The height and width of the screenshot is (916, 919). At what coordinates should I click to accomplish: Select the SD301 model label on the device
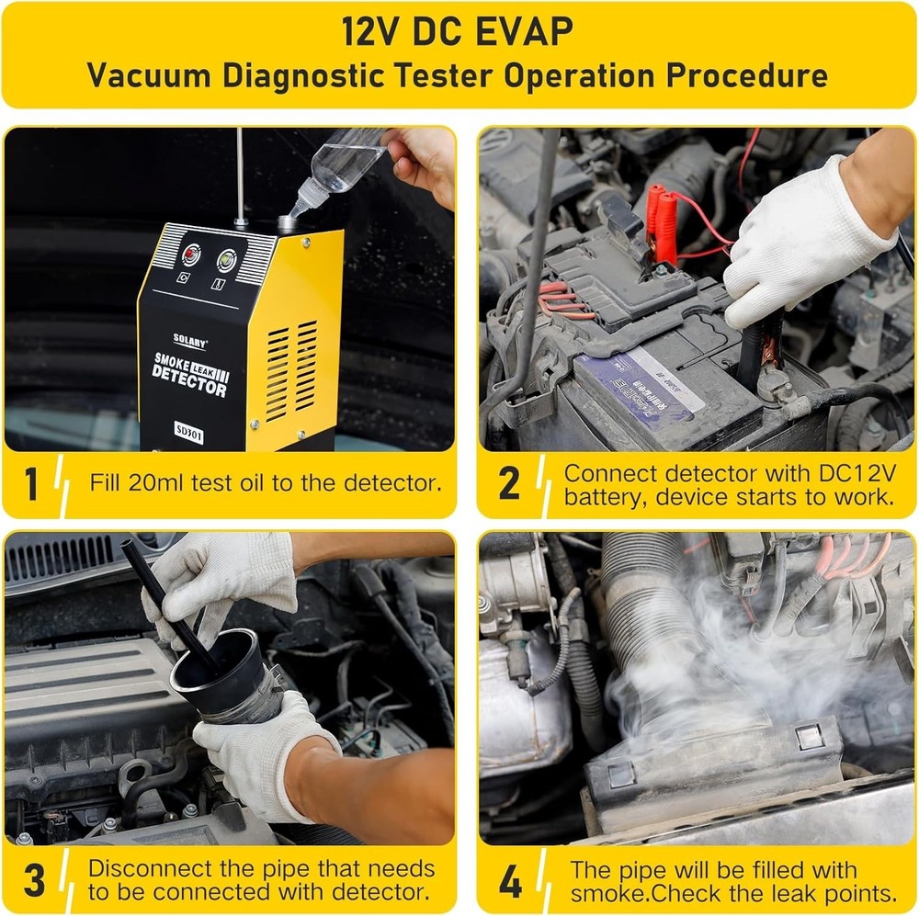tap(191, 428)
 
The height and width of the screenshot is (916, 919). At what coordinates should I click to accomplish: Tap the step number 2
tap(509, 484)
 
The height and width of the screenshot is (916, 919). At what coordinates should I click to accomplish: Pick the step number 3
tap(33, 880)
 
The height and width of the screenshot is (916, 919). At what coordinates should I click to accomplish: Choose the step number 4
tap(511, 880)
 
